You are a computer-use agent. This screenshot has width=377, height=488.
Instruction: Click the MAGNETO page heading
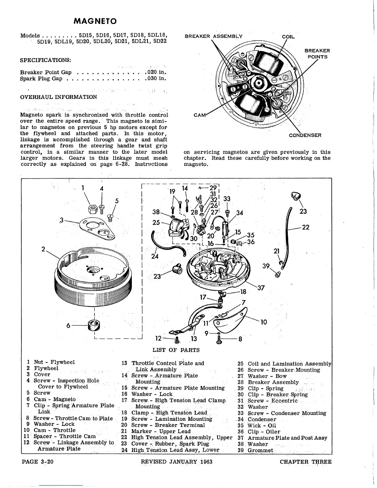tap(95, 21)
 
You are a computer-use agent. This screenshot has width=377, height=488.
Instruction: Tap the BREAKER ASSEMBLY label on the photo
tap(213, 36)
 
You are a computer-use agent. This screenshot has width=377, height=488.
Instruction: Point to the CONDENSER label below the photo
tap(305, 135)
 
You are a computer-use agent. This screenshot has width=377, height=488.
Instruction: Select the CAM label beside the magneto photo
tap(199, 115)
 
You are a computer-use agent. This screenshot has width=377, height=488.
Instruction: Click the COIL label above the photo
tap(288, 37)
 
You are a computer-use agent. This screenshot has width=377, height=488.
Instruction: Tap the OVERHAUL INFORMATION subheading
tap(59, 97)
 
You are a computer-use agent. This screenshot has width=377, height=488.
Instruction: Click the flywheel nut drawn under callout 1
tap(92, 209)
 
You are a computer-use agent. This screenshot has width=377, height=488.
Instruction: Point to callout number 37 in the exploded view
tap(261, 288)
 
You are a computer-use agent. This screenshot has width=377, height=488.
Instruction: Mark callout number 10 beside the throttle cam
tap(264, 322)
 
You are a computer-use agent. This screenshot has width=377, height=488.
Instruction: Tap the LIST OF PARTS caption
tap(176, 350)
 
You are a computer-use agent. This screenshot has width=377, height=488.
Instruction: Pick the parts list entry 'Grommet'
tap(260, 450)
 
